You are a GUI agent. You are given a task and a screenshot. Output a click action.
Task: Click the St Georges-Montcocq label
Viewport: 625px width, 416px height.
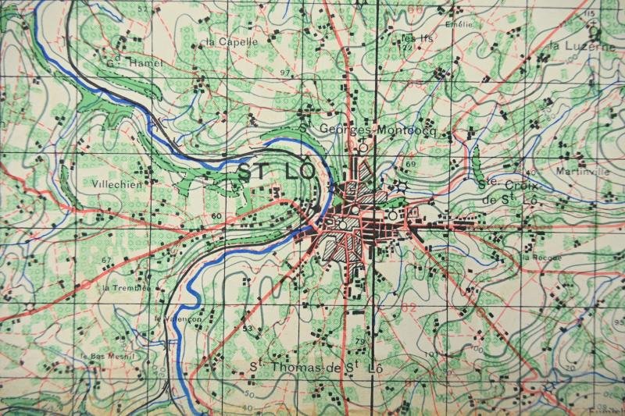(x=365, y=129)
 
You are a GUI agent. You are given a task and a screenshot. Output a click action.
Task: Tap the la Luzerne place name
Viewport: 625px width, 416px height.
(x=582, y=47)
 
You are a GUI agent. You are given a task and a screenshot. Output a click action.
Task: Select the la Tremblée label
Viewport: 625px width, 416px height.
(x=126, y=287)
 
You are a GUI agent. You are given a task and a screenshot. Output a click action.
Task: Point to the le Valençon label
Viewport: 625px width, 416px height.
(x=178, y=318)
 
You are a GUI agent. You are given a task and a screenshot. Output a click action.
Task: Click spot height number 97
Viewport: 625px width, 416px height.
(x=284, y=73)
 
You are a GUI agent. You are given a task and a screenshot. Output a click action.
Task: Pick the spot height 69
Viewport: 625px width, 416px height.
(x=410, y=164)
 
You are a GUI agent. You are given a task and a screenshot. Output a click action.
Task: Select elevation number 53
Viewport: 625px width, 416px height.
(x=247, y=329)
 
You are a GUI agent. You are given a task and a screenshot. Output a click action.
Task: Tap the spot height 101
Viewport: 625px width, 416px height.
(x=430, y=355)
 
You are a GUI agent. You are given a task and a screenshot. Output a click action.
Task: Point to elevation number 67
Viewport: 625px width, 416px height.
(x=106, y=260)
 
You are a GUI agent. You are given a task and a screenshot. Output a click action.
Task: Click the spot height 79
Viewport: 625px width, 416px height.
(x=360, y=342)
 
